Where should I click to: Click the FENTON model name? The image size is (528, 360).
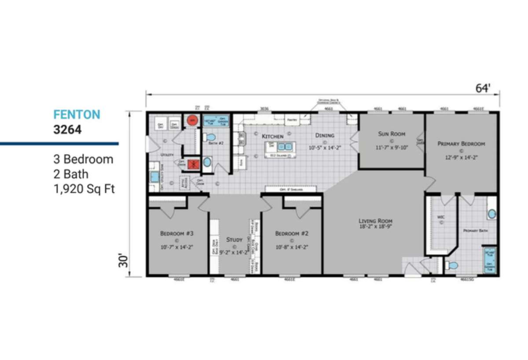pos(77,115)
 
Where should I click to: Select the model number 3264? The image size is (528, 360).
pos(67,130)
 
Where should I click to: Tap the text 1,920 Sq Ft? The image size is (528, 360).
pos(84,189)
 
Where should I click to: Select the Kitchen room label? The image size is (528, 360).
pos(273,136)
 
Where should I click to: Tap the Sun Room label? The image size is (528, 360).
pos(392,134)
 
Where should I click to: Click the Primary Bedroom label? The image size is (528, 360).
pos(461,143)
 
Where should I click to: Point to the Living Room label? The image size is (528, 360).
pos(375,221)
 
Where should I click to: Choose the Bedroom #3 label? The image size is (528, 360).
pos(176,233)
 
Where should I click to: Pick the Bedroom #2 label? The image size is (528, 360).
pos(292,233)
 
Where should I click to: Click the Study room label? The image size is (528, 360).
pos(234,240)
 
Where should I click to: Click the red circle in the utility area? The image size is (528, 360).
pos(192,120)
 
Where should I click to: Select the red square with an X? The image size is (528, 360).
pos(192,164)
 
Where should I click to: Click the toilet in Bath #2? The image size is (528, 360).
pos(210,137)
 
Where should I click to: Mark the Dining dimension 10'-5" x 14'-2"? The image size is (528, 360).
pos(325,148)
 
